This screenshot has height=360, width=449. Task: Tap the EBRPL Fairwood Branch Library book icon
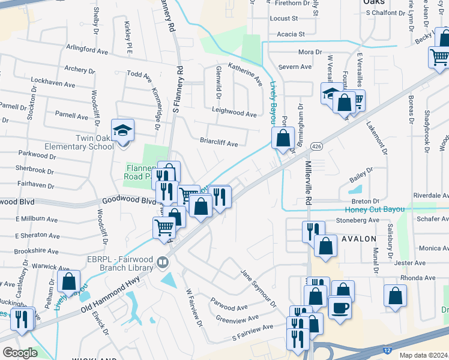click(162, 262)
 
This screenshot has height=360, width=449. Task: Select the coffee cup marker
click(339, 308)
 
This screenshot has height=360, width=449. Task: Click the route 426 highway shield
click(315, 146)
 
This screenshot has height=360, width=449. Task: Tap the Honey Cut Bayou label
click(375, 209)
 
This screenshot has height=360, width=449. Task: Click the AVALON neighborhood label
click(358, 238)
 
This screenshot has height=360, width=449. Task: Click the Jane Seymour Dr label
click(259, 287)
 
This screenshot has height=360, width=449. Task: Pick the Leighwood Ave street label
click(234, 112)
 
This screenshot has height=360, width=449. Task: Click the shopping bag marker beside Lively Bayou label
click(283, 138)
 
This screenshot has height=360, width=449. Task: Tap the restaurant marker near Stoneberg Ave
click(313, 230)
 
